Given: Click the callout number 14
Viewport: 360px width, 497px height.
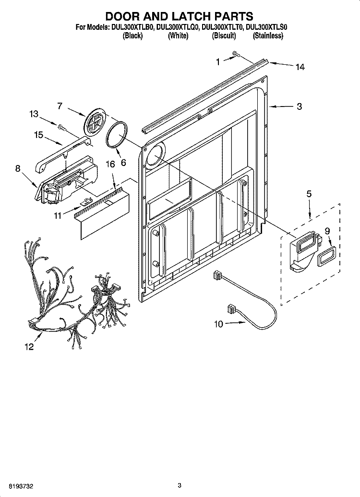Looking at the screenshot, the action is point(300,67).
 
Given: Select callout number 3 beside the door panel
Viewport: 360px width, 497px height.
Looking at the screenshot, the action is point(300,106).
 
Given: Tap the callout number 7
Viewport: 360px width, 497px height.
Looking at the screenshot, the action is point(60,106).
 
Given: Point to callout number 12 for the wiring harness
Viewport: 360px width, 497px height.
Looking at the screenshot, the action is point(29,347).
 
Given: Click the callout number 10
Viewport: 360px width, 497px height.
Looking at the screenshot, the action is point(218,324).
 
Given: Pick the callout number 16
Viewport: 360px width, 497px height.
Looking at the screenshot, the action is point(110,164).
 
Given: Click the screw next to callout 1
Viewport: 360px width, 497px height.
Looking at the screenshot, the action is point(235,54).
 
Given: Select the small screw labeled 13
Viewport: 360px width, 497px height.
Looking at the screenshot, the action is point(62,127).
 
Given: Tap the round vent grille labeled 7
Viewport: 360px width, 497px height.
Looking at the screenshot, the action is point(95,120).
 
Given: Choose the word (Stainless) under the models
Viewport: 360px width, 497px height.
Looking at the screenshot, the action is point(268,36).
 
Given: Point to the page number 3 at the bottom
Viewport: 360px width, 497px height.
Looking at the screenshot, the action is point(180,485).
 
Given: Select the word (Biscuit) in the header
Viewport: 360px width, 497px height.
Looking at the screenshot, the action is point(224,36).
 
